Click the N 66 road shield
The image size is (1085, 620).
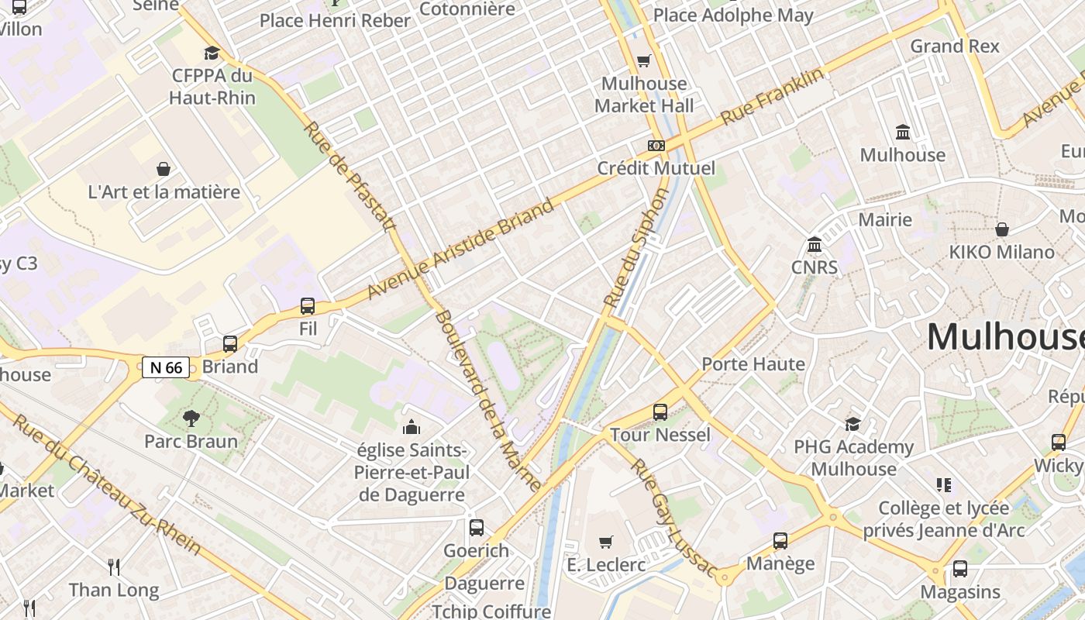166,367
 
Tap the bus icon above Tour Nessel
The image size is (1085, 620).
660,412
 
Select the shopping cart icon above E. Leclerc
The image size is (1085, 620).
606,542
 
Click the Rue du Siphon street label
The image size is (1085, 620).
635,248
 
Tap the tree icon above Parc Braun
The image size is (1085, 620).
191,418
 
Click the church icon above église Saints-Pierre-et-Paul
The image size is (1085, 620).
412,426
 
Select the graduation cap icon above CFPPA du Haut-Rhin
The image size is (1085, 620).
212,53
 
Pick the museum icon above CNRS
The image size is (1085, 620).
815,245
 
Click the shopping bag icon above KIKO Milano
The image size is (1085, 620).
1002,229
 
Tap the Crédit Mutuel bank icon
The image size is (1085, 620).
656,146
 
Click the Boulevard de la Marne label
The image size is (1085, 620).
488,401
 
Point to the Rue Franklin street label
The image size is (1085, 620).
773,97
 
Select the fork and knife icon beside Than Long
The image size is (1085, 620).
114,567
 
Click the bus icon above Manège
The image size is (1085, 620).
780,541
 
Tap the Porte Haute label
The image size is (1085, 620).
753,363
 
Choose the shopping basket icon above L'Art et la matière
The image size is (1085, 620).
164,169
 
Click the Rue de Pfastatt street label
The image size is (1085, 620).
350,176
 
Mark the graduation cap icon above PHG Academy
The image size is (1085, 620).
853,424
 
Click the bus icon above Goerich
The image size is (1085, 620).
477,528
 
